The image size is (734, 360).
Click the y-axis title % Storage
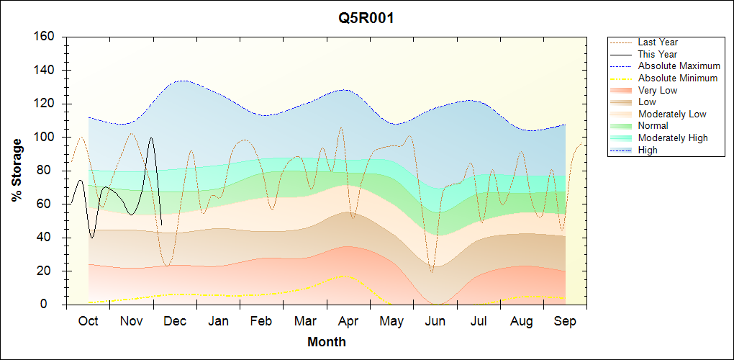tap(17, 170)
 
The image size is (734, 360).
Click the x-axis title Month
tap(327, 342)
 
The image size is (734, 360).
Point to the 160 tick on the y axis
tap(46, 37)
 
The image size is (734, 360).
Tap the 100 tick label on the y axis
tap(46, 138)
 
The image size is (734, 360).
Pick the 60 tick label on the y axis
tap(49, 204)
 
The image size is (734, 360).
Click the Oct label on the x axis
tap(88, 321)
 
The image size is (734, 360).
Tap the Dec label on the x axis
tap(175, 321)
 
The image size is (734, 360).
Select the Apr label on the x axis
tap(349, 321)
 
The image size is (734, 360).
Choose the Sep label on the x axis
tap(566, 321)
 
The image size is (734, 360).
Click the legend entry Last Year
tap(658, 42)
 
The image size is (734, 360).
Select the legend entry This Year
tap(658, 54)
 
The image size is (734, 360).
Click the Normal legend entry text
tap(653, 126)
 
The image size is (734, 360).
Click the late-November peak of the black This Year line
tap(151, 138)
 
